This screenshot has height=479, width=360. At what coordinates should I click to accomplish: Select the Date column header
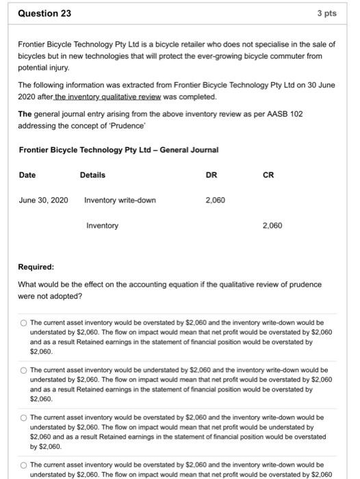pyautogui.click(x=27, y=175)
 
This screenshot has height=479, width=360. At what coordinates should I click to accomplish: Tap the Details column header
pyautogui.click(x=92, y=175)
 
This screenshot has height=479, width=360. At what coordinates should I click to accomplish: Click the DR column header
pyautogui.click(x=211, y=175)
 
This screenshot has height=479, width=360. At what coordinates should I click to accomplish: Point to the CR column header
pyautogui.click(x=268, y=175)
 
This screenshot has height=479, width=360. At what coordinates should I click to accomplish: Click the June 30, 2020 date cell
pyautogui.click(x=44, y=200)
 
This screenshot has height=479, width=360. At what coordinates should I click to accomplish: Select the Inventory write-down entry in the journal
pyautogui.click(x=120, y=200)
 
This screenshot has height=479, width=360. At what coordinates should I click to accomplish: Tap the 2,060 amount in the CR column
pyautogui.click(x=272, y=225)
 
